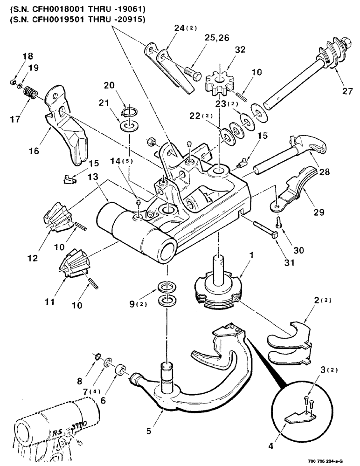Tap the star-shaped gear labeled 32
pos(218,82)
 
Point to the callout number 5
pos(149,432)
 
